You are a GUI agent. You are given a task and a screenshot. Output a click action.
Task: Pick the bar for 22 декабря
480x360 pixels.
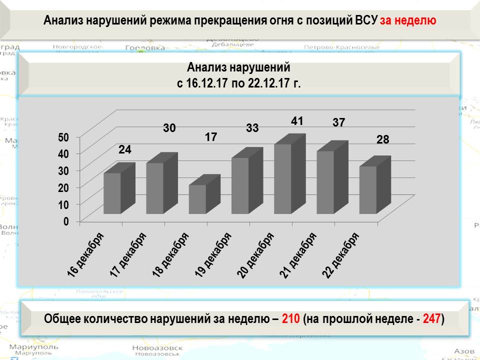(368, 190)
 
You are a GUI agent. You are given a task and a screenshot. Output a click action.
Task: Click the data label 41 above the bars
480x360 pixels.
(297, 121)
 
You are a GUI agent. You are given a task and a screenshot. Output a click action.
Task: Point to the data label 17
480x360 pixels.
(211, 136)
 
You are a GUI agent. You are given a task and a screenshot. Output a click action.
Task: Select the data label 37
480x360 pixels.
(339, 122)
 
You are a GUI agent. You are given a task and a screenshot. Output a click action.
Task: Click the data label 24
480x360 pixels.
(124, 149)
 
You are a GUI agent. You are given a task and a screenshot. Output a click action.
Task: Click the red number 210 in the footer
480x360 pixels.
(290, 318)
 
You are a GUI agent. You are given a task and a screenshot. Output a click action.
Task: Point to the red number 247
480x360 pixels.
(431, 318)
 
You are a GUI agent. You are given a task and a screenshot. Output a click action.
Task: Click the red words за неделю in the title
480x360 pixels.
(408, 20)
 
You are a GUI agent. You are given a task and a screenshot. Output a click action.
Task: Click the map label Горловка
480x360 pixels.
(144, 48)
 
